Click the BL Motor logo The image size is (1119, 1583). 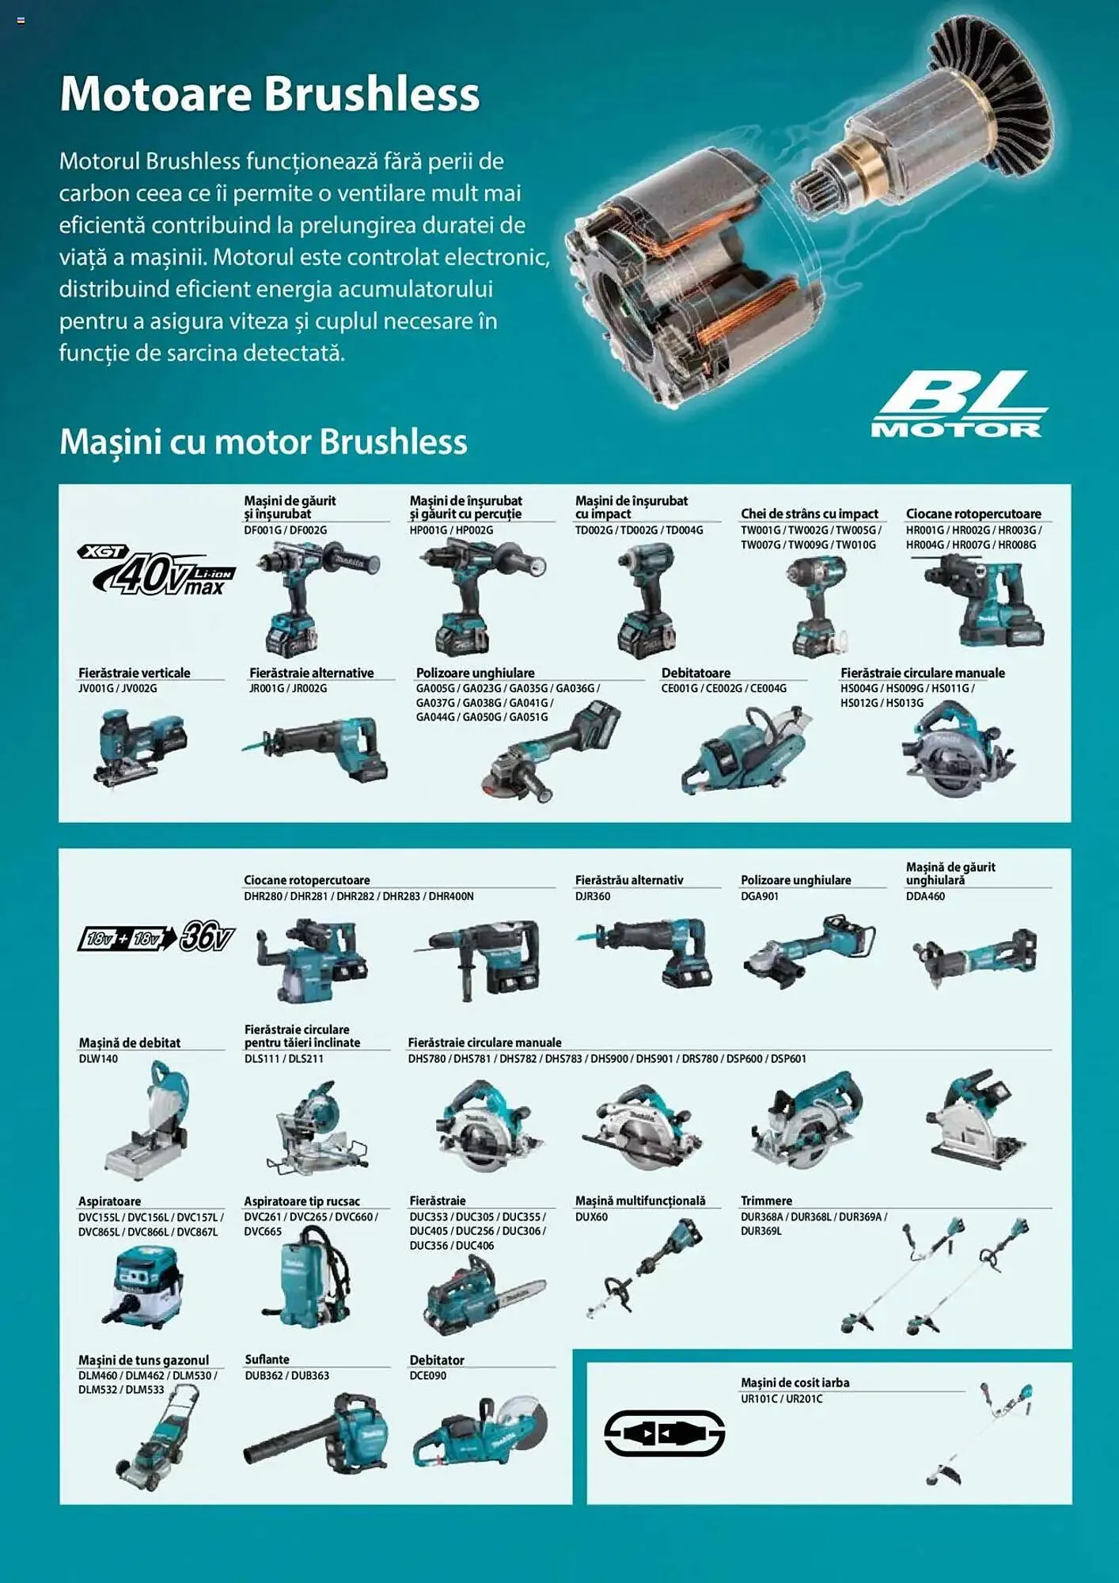(x=959, y=405)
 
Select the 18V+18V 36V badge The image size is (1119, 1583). (x=157, y=937)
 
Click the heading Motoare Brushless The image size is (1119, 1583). (x=270, y=94)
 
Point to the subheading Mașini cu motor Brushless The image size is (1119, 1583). (x=263, y=442)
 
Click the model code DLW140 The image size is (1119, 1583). (x=98, y=1058)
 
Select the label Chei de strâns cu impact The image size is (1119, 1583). (x=809, y=514)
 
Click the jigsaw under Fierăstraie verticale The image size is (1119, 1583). (x=141, y=746)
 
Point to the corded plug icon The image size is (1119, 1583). (x=664, y=1433)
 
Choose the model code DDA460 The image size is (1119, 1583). (x=925, y=896)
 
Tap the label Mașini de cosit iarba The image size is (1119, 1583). (x=795, y=1382)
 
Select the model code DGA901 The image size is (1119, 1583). (x=759, y=896)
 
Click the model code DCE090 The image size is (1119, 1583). (x=427, y=1376)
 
